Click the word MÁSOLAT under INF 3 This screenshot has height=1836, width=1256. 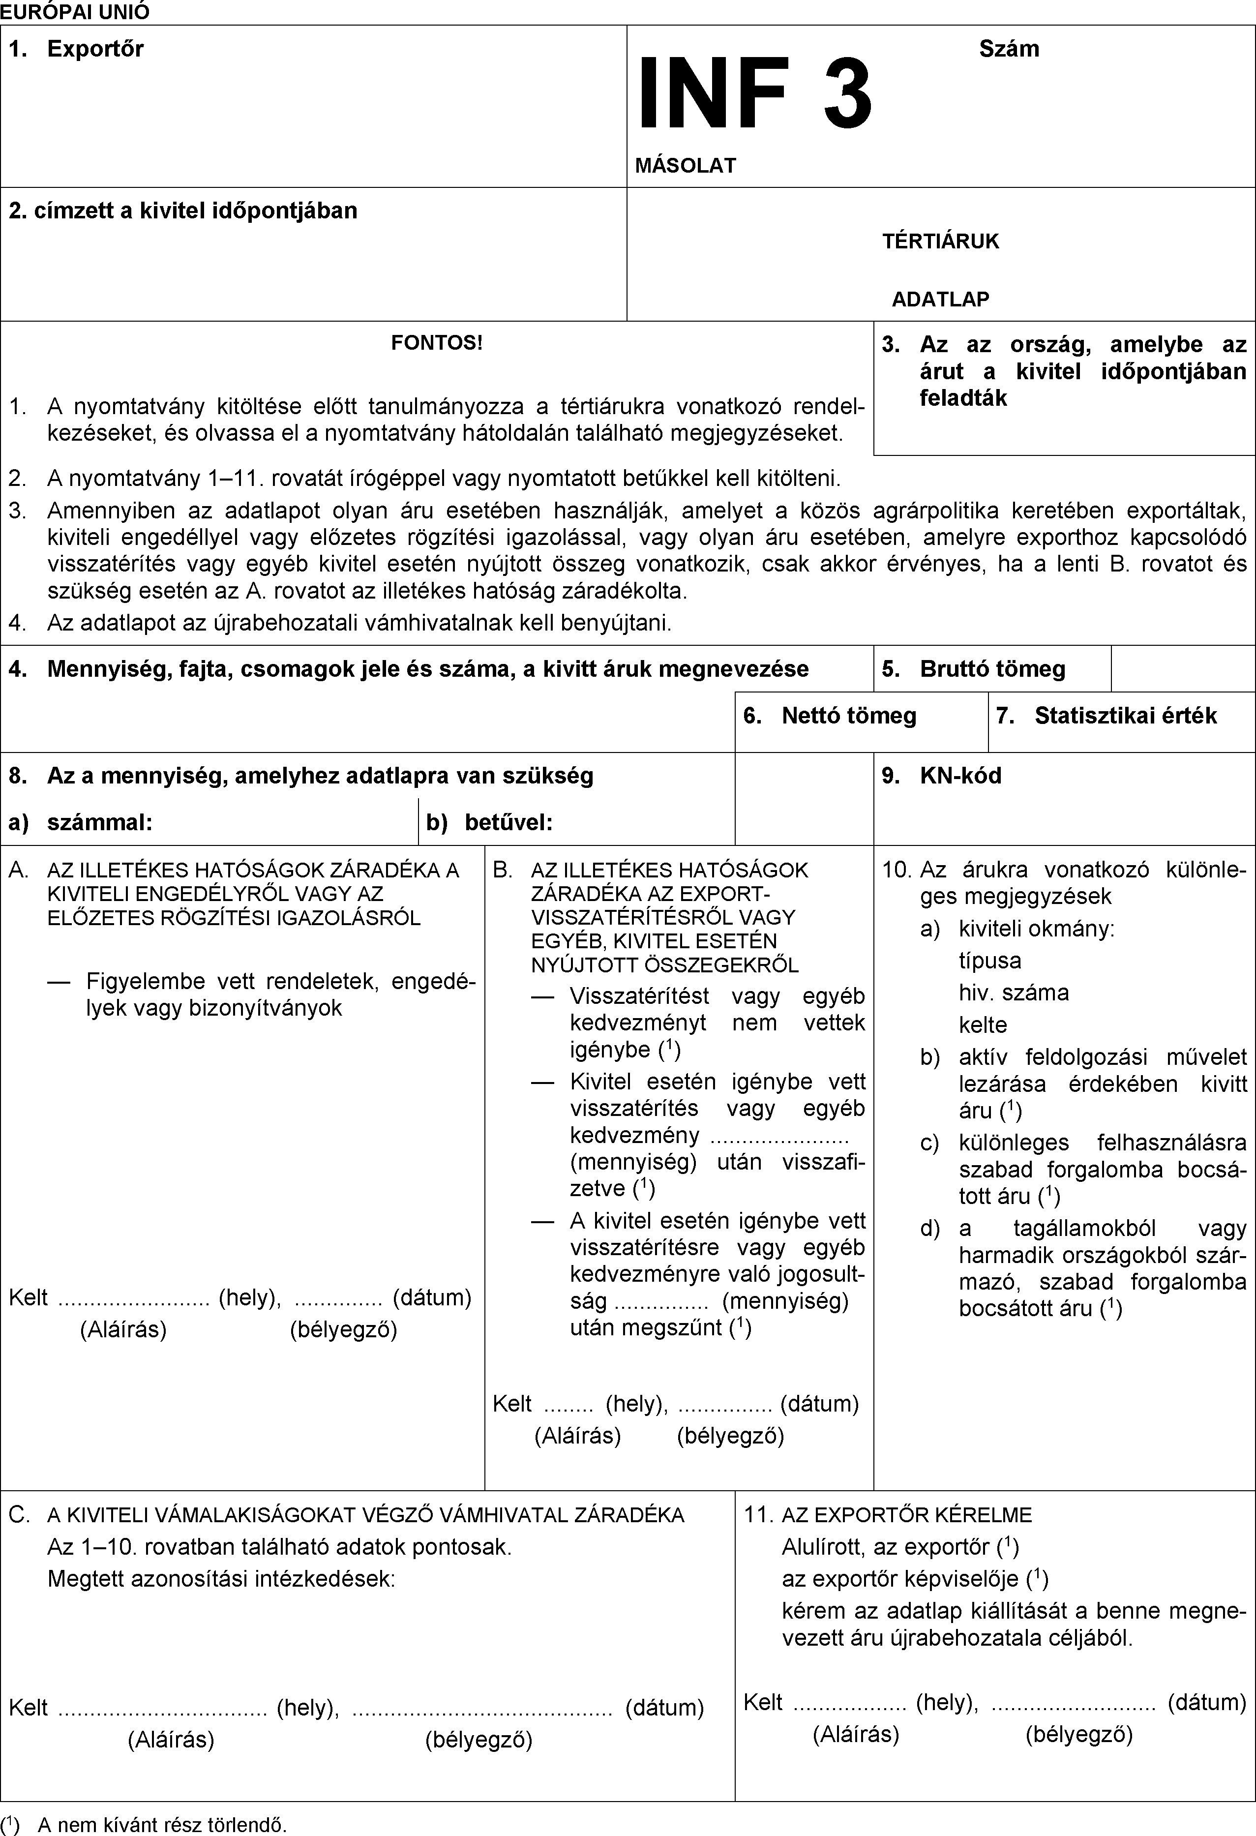(685, 166)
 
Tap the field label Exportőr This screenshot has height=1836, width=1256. (95, 49)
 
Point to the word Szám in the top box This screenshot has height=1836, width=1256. (1009, 49)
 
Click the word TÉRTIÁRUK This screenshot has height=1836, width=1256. (940, 241)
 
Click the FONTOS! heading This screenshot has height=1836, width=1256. (437, 343)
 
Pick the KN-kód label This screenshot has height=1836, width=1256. (960, 776)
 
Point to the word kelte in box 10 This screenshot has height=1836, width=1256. (983, 1024)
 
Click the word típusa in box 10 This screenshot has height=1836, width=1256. (990, 961)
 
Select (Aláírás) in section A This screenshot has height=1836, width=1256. (123, 1329)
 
